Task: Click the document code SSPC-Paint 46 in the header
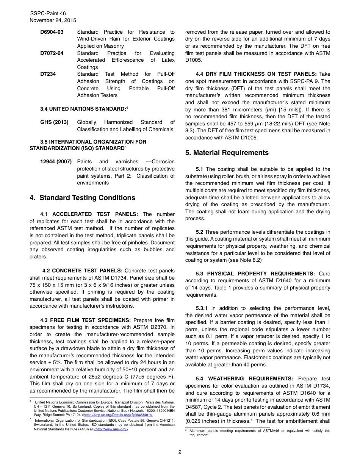point(48,13)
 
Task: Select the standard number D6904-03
point(52,32)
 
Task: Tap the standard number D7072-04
point(52,53)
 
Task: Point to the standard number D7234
point(48,74)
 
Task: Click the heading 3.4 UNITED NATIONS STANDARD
point(83,109)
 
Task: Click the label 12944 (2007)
point(56,162)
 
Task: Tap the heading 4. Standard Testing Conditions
point(82,198)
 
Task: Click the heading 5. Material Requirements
point(227,153)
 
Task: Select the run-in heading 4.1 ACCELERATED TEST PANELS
point(89,214)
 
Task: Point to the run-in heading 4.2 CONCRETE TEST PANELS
point(82,271)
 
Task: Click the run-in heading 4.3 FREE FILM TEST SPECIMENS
point(85,321)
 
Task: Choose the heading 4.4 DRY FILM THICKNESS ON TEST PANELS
point(256,74)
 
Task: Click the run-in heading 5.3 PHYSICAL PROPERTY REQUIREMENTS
point(255,274)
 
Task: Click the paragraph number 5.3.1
point(202,308)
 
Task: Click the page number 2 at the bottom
point(180,452)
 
